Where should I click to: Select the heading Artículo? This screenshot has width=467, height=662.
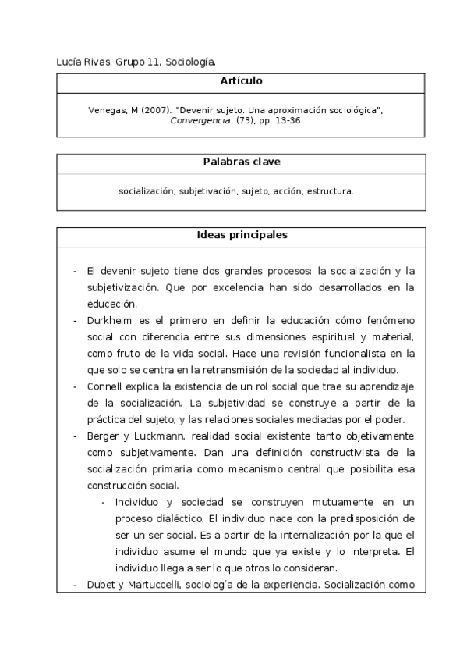tap(241, 81)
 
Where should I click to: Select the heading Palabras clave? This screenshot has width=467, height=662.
tap(241, 162)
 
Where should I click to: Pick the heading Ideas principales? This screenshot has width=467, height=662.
tap(241, 235)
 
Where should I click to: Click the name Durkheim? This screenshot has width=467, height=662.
tap(110, 321)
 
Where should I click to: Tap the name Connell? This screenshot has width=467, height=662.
tap(106, 386)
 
